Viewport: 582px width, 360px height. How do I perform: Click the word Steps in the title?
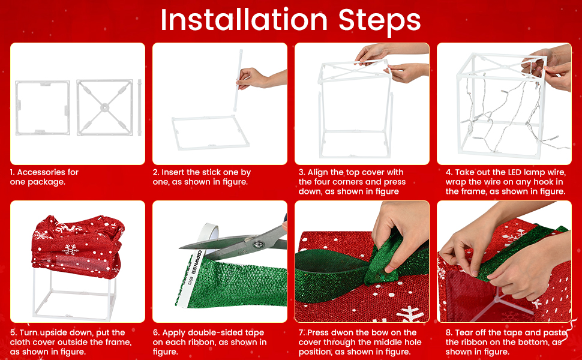[379, 20]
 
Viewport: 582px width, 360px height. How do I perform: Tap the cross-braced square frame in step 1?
[104, 107]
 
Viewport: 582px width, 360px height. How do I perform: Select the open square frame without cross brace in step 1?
[37, 107]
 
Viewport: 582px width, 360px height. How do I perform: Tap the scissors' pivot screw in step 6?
[259, 244]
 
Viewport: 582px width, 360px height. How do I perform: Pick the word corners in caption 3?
[347, 182]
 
